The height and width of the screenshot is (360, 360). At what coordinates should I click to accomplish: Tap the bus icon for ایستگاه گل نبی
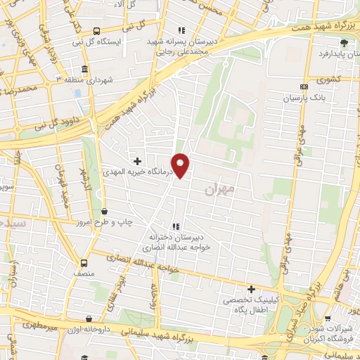(x=96, y=31)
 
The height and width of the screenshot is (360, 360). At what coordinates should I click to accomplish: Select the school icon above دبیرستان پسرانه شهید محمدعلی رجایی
(x=181, y=30)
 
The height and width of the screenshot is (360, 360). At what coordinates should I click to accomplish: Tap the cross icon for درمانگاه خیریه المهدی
(x=137, y=161)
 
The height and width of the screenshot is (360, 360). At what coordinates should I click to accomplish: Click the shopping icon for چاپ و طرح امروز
(x=104, y=211)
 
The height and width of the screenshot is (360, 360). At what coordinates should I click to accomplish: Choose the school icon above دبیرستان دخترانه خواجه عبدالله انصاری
(x=176, y=226)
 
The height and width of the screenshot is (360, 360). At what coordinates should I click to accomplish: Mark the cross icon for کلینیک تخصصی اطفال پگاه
(x=251, y=289)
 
